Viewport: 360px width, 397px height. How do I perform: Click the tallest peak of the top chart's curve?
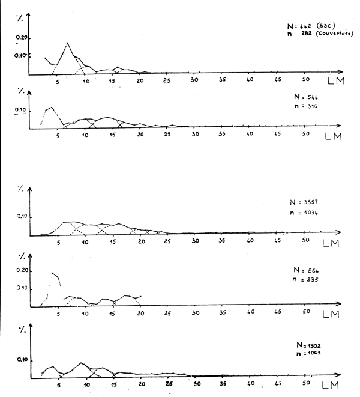67,43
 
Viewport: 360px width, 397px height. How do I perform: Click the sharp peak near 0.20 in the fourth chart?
53,273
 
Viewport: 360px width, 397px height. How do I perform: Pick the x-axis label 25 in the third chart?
168,241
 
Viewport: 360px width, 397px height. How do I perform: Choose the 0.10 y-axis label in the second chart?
22,111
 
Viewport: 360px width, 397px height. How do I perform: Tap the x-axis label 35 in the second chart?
223,133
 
